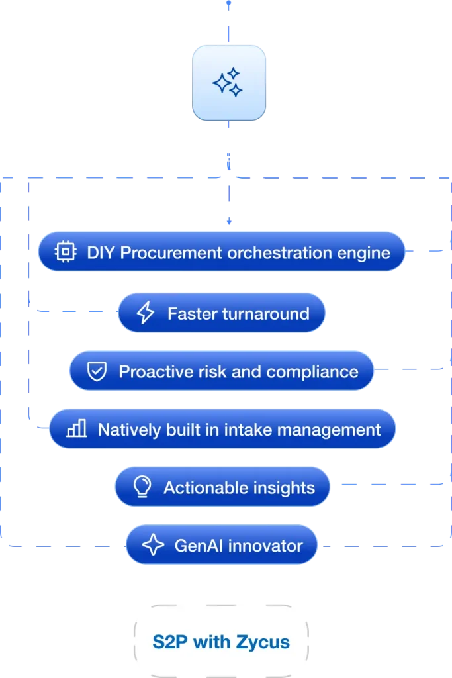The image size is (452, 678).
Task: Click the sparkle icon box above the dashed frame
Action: pos(228,83)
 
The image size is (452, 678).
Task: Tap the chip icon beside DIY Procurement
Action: pos(65,252)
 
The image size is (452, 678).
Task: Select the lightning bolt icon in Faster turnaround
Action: pos(145,313)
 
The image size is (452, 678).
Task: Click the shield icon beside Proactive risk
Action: pos(97,371)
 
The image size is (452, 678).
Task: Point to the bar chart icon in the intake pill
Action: pos(77,429)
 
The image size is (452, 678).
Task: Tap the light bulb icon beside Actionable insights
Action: pos(142,488)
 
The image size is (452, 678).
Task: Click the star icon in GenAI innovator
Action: pos(154,546)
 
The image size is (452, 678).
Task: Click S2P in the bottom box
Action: pos(166,642)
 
